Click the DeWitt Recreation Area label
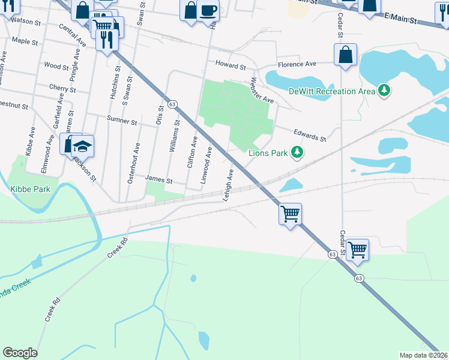point(331,91)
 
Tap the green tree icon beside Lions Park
point(296,153)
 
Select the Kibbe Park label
point(30,189)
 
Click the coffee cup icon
point(208,10)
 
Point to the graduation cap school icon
point(82,146)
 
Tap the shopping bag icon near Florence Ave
point(346,55)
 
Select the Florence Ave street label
point(296,64)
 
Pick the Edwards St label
point(309,135)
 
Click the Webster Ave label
point(262,90)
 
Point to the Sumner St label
point(122,121)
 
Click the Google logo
point(20,353)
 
